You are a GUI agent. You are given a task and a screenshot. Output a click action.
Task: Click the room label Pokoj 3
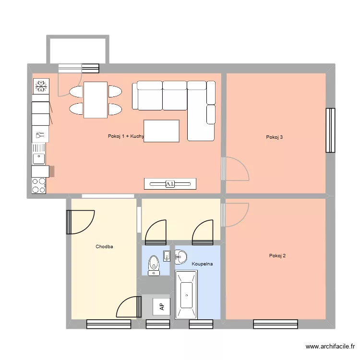click(274, 137)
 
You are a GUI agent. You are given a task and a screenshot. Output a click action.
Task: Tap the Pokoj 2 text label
click(277, 256)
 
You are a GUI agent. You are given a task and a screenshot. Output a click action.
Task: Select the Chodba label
click(104, 247)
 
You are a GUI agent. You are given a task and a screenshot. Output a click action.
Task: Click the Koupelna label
click(202, 264)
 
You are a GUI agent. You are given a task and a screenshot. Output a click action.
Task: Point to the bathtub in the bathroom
click(186, 295)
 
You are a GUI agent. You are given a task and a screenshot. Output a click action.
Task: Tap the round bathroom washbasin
click(180, 257)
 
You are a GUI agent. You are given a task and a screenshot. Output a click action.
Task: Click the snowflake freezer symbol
click(41, 86)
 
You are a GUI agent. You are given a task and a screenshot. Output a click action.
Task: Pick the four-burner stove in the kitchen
click(39, 186)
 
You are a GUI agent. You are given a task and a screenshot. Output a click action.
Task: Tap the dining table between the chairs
click(95, 100)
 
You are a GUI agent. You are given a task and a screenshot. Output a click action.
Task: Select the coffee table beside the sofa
click(161, 131)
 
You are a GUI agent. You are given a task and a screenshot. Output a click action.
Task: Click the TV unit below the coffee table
click(170, 184)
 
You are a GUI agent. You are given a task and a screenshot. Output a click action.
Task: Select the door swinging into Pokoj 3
click(235, 168)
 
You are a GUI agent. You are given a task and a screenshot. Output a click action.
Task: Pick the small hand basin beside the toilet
click(167, 255)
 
